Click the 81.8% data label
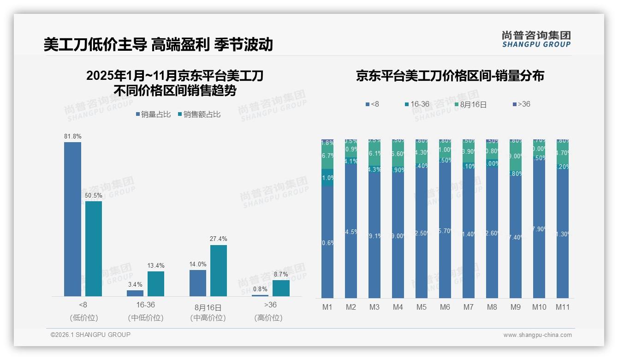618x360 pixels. tap(72, 137)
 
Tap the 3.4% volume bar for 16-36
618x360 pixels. tap(135, 293)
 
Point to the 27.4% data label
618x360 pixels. tap(219, 239)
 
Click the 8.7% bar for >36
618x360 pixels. tap(281, 288)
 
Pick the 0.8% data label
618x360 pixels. tap(260, 289)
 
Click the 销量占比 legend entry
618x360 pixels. tap(153, 114)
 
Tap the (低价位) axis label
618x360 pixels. tap(83, 318)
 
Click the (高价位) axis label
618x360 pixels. tap(268, 318)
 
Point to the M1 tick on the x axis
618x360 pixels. tap(327, 307)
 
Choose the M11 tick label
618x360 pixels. tap(562, 307)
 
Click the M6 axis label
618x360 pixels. tap(445, 307)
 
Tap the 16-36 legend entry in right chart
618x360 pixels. tap(417, 104)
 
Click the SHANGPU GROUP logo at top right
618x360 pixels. tap(536, 39)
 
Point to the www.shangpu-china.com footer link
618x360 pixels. tap(537, 335)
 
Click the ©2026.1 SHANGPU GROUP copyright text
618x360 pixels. tap(90, 335)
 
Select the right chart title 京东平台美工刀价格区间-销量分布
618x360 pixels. tap(450, 76)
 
